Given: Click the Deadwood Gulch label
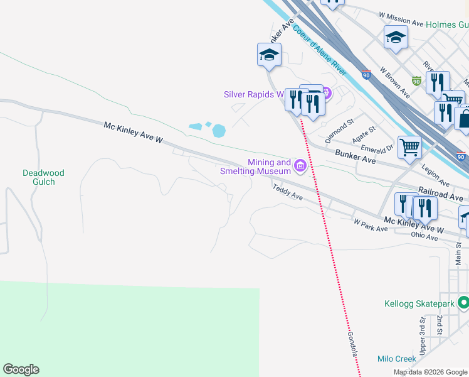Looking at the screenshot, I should click(x=43, y=177).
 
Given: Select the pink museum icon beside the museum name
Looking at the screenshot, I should click(x=300, y=167).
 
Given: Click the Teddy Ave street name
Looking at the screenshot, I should click(x=287, y=192).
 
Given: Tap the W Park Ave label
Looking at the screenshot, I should click(x=370, y=226).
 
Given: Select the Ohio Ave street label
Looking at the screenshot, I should click(x=424, y=236).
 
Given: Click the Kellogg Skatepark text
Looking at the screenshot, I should click(x=419, y=304).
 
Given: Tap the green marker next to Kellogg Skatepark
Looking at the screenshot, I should click(x=463, y=303).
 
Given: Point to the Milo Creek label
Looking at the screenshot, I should click(x=396, y=359).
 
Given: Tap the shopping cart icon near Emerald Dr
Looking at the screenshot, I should click(x=409, y=148).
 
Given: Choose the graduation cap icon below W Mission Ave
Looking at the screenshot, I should click(x=396, y=37).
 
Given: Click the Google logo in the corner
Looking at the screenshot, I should click(x=21, y=369).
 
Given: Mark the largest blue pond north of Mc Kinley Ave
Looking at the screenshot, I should click(x=218, y=131).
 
